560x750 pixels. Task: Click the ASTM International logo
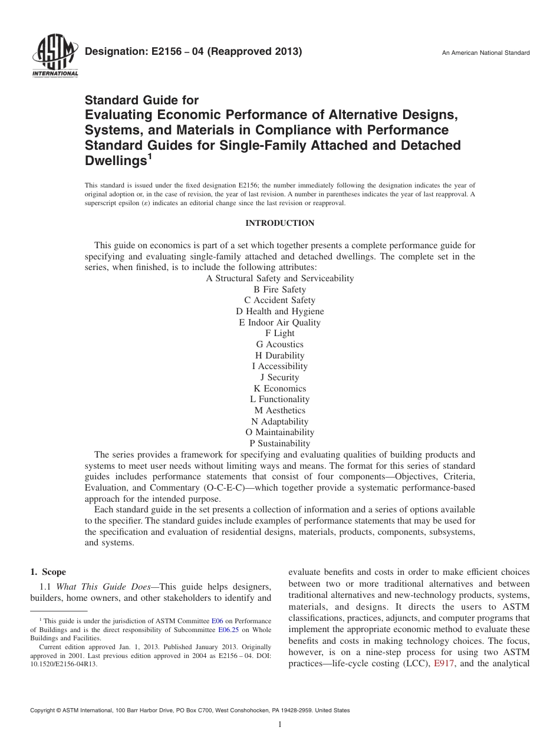pos(54,57)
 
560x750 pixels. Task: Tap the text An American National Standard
pos(486,53)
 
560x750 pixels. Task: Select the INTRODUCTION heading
pos(279,223)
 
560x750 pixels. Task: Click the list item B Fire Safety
pos(279,290)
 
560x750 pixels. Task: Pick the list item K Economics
pos(279,389)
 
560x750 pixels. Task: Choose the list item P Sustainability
pos(279,443)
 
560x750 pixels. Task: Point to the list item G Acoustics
pos(279,344)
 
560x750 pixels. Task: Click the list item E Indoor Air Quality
pos(279,323)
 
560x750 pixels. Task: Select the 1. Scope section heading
pos(48,572)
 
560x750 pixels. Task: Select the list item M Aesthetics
pos(279,410)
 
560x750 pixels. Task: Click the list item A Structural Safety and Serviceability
pos(279,278)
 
